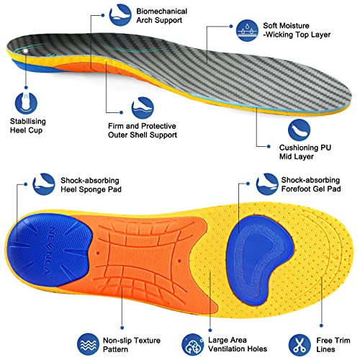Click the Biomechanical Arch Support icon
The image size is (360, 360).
[120, 15]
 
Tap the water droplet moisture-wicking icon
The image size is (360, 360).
[247, 30]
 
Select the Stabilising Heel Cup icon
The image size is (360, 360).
[26, 102]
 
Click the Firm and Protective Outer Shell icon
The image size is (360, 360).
[143, 108]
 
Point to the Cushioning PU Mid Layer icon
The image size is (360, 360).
[299, 130]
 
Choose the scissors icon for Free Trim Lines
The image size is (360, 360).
[300, 345]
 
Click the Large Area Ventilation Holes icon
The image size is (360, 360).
[193, 345]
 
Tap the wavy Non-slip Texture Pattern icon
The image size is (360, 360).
[89, 344]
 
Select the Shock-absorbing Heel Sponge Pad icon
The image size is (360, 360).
[44, 184]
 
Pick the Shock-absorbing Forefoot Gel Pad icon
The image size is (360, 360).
[267, 184]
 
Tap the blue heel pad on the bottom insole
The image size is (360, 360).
[49, 250]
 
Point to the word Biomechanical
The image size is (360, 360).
[162, 12]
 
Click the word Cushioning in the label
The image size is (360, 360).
[297, 148]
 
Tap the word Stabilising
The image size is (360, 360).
[28, 122]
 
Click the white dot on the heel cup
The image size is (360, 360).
[26, 51]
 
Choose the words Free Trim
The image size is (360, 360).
[333, 341]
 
